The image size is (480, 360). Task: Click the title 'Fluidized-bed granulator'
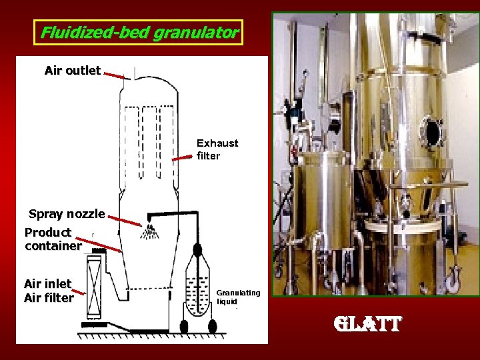[139, 32]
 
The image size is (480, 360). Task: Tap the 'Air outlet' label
[73, 70]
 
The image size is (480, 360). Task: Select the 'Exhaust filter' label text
[217, 149]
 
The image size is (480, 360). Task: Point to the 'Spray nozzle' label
[67, 214]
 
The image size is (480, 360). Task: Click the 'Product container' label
[52, 239]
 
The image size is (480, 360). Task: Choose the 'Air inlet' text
[47, 283]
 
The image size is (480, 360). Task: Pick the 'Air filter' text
[49, 298]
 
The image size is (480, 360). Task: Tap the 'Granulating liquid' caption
[238, 297]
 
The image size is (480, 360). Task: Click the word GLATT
[369, 325]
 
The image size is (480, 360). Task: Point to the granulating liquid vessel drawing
[197, 293]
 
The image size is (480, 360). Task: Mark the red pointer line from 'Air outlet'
[115, 75]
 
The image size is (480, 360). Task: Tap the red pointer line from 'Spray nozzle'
[124, 219]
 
